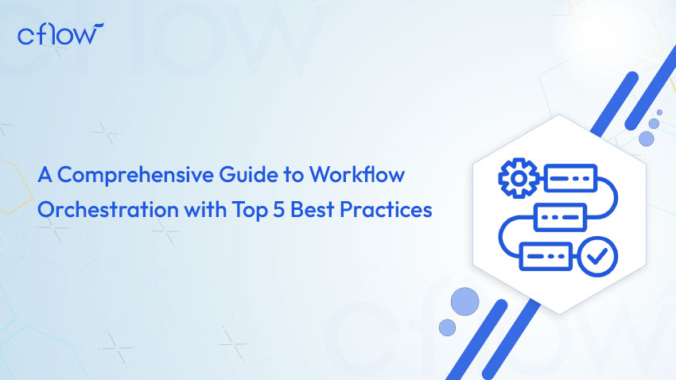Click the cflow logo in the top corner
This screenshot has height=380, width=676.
pyautogui.click(x=60, y=34)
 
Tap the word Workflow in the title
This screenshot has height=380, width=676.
pyautogui.click(x=357, y=174)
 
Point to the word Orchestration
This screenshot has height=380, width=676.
pyautogui.click(x=108, y=209)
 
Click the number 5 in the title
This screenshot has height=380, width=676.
pyautogui.click(x=279, y=210)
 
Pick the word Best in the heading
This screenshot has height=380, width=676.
pyautogui.click(x=313, y=210)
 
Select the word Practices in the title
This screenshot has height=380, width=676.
pyautogui.click(x=386, y=210)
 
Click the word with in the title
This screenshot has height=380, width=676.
pyautogui.click(x=205, y=210)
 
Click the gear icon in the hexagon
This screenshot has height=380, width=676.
pyautogui.click(x=519, y=178)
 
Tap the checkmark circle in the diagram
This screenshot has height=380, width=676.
pyautogui.click(x=597, y=257)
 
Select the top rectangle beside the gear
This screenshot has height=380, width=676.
pyautogui.click(x=571, y=178)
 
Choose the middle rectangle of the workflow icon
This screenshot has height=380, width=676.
pyautogui.click(x=560, y=217)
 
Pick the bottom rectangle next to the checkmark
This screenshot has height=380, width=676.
pyautogui.click(x=546, y=256)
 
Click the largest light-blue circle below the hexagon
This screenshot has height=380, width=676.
pyautogui.click(x=464, y=301)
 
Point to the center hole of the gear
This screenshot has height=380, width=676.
pyautogui.click(x=519, y=178)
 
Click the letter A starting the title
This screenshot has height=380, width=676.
pyautogui.click(x=45, y=175)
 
